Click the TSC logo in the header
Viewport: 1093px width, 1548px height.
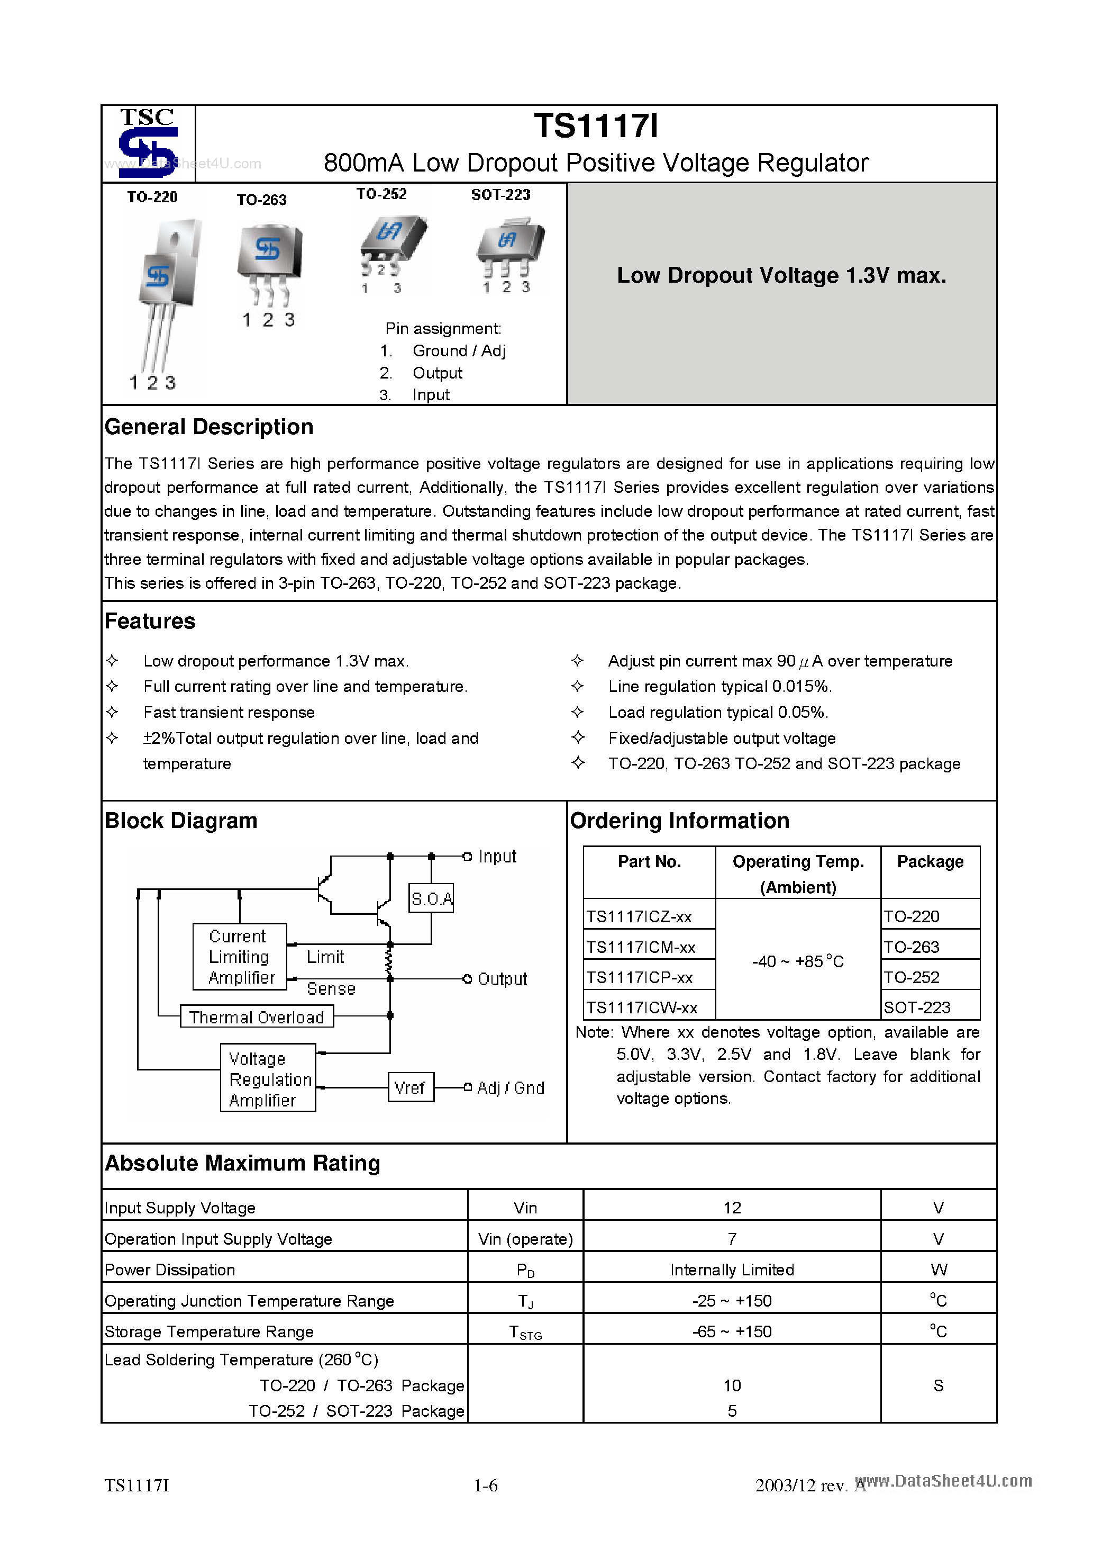pyautogui.click(x=148, y=143)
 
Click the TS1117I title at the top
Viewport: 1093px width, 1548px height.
pyautogui.click(x=596, y=126)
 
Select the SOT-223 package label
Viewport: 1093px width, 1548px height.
pyautogui.click(x=500, y=195)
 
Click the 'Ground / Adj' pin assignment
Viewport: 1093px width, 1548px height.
pyautogui.click(x=458, y=350)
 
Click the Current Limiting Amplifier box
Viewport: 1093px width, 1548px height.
pyautogui.click(x=240, y=957)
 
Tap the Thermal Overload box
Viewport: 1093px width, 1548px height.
pyautogui.click(x=257, y=1016)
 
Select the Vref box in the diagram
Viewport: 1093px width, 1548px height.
pyautogui.click(x=411, y=1087)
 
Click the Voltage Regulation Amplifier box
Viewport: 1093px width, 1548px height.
pyautogui.click(x=268, y=1079)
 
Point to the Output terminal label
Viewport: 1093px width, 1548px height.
pyautogui.click(x=502, y=979)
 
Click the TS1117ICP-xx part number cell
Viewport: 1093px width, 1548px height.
pyautogui.click(x=640, y=977)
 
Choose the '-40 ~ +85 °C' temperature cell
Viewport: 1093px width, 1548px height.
pyautogui.click(x=797, y=961)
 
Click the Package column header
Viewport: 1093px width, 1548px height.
pyautogui.click(x=930, y=862)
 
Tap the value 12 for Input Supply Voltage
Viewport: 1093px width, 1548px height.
pyautogui.click(x=732, y=1208)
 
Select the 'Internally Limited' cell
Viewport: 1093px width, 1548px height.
pyautogui.click(x=732, y=1270)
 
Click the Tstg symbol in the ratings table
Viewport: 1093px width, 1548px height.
pyautogui.click(x=525, y=1332)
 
